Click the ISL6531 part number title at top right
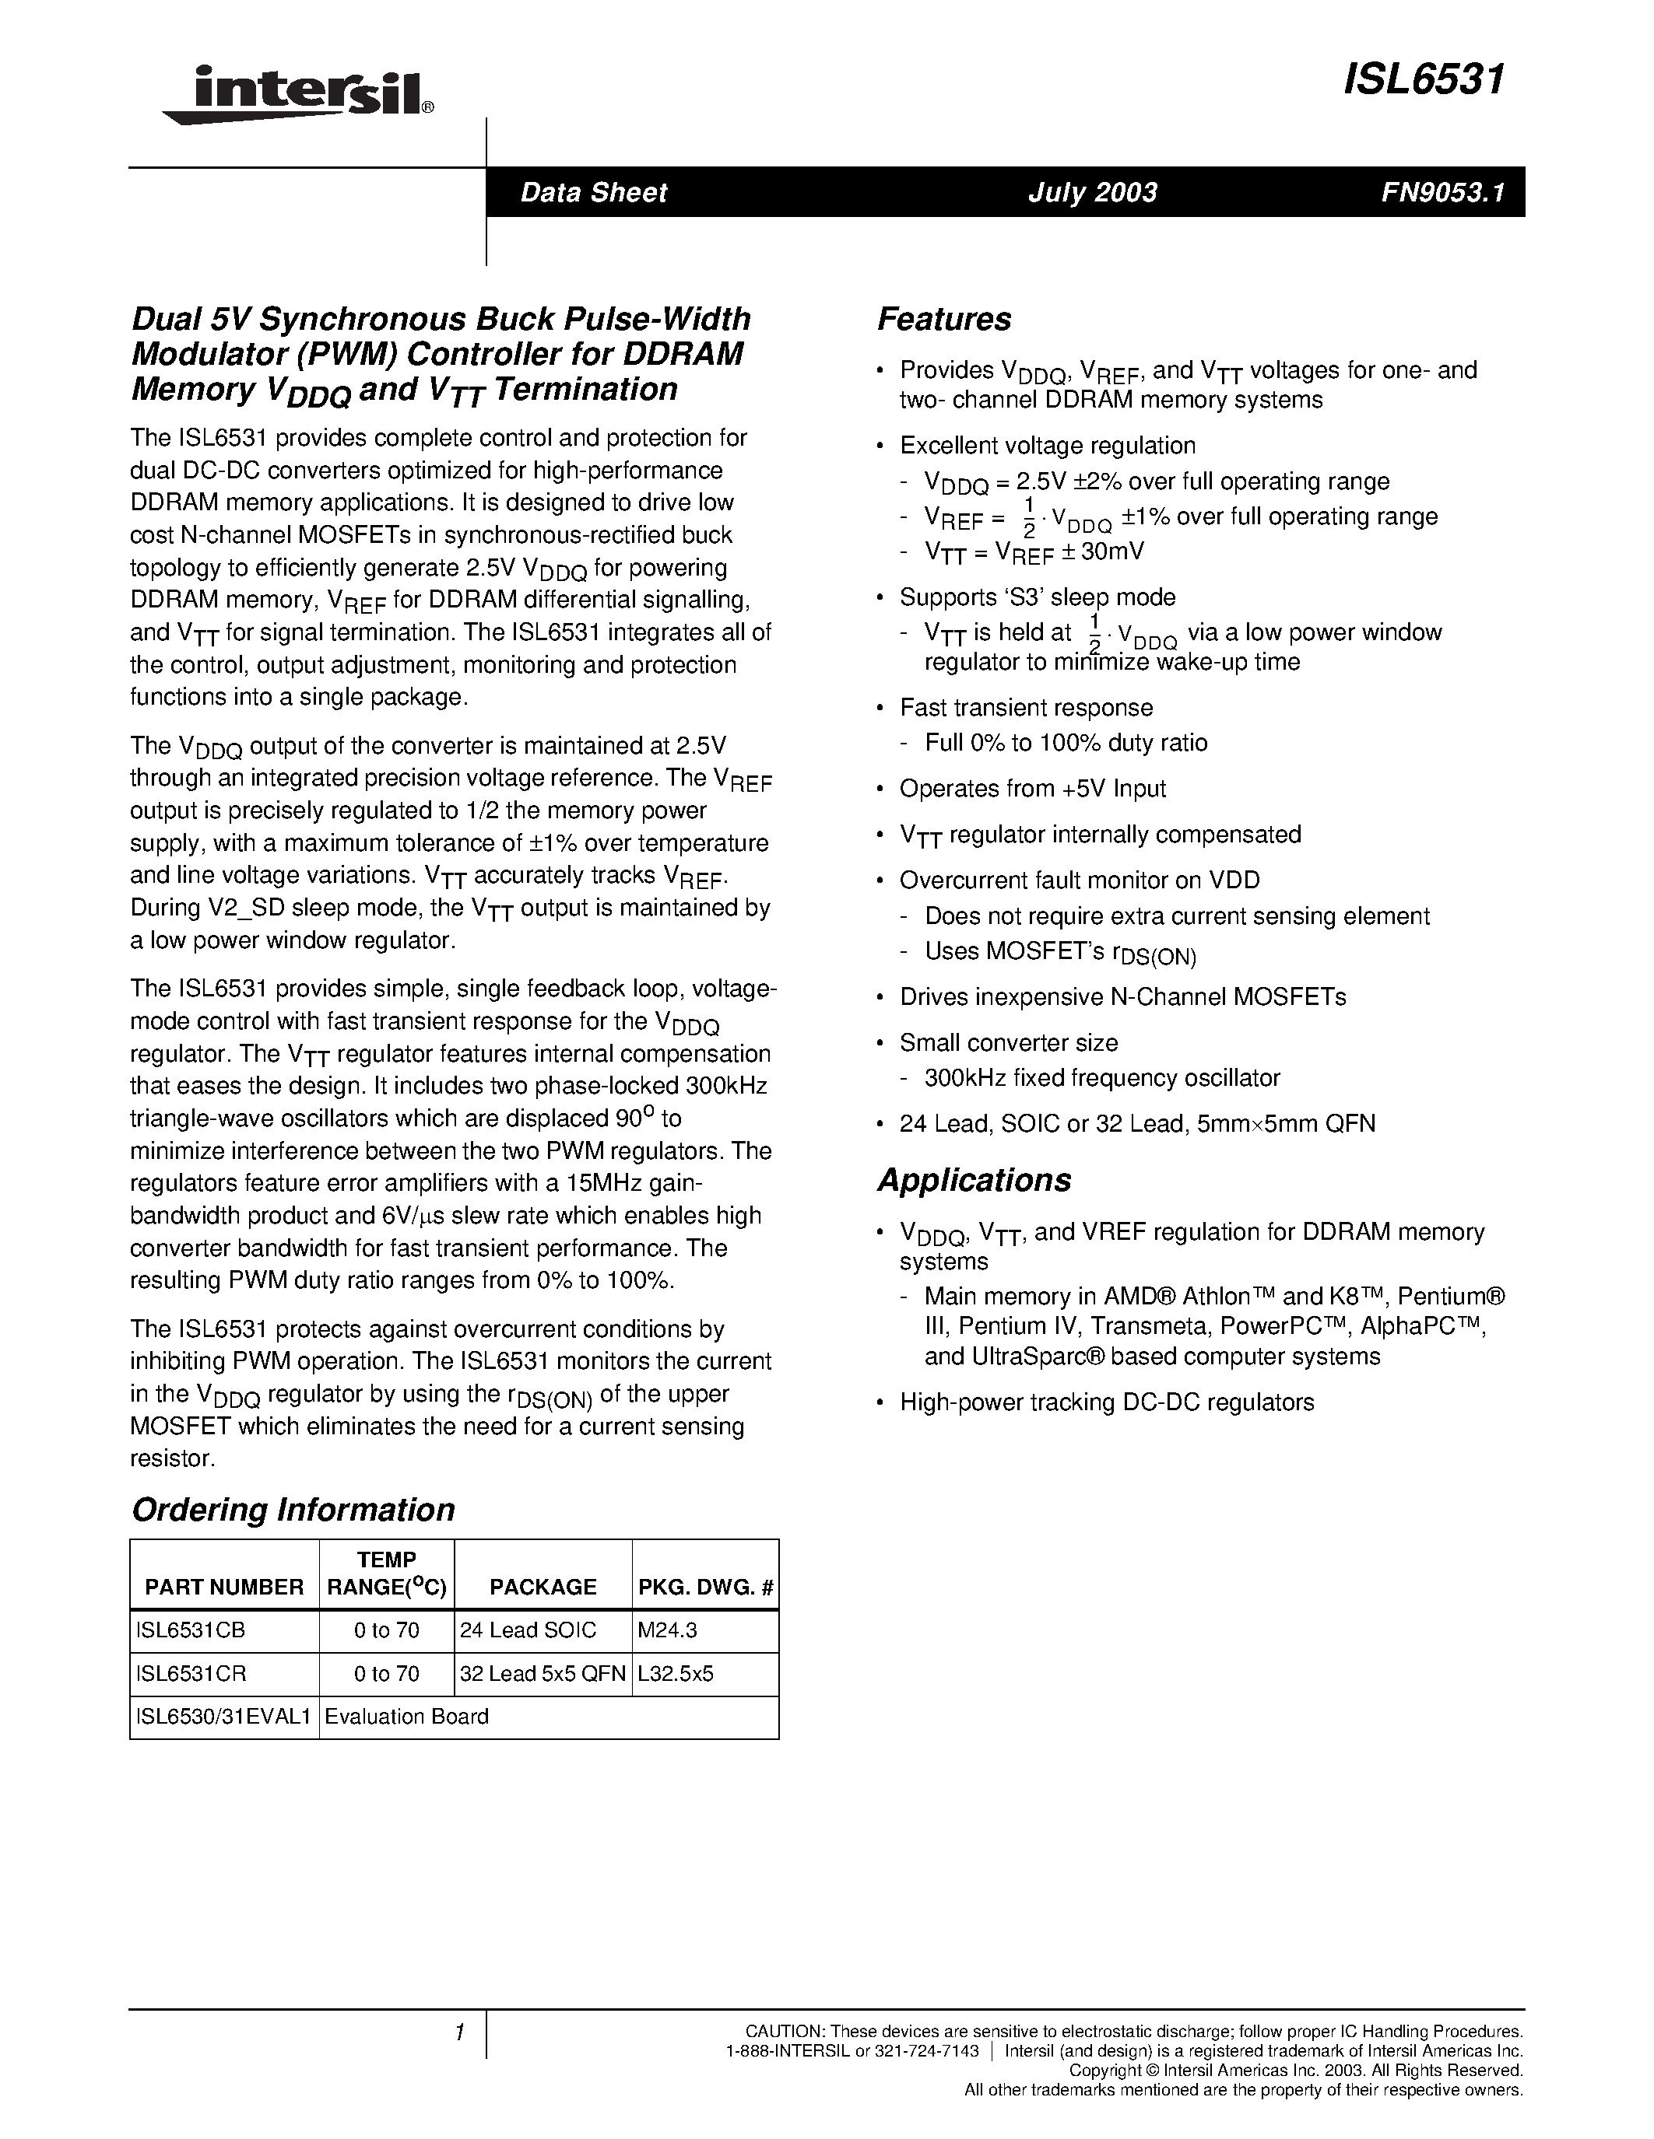pyautogui.click(x=1423, y=79)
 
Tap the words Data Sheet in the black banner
pyautogui.click(x=593, y=192)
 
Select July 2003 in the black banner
pyautogui.click(x=1091, y=192)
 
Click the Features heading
pyautogui.click(x=943, y=319)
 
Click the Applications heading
pyautogui.click(x=974, y=1180)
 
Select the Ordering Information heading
pyautogui.click(x=293, y=1509)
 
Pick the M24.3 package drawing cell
pyautogui.click(x=665, y=1630)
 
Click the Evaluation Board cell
pyautogui.click(x=406, y=1716)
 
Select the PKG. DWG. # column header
pyautogui.click(x=705, y=1587)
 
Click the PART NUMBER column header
pyautogui.click(x=223, y=1587)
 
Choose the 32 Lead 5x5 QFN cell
pyautogui.click(x=542, y=1673)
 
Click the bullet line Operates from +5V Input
pyautogui.click(x=1032, y=789)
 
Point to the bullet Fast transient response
pyautogui.click(x=1025, y=707)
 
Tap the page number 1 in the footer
pyautogui.click(x=458, y=2032)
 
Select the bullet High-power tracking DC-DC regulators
pyautogui.click(x=1106, y=1402)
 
